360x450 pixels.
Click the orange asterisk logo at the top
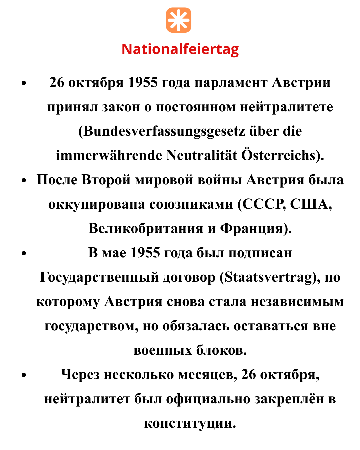(179, 20)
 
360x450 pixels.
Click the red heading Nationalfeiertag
(180, 49)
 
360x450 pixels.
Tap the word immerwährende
(109, 155)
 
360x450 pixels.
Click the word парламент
(231, 82)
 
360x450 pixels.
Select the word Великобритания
(146, 228)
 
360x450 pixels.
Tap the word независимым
(297, 301)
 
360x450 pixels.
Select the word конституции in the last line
(190, 423)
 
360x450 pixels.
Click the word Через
(80, 375)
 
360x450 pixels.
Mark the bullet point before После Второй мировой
(23, 180)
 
